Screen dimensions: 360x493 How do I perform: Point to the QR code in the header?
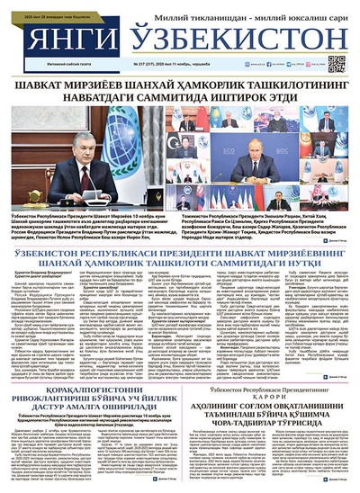point(337,63)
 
